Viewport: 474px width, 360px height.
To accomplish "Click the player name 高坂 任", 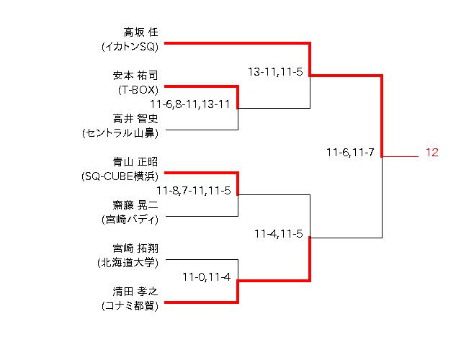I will [x=140, y=32].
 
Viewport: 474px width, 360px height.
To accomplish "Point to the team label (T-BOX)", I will [x=138, y=90].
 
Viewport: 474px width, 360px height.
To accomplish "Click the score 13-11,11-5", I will [x=274, y=73].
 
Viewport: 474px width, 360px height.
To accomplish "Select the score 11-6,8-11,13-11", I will [x=190, y=104].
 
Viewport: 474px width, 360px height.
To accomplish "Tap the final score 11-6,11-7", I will [x=349, y=153].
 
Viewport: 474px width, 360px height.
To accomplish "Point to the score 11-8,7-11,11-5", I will [x=193, y=190].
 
